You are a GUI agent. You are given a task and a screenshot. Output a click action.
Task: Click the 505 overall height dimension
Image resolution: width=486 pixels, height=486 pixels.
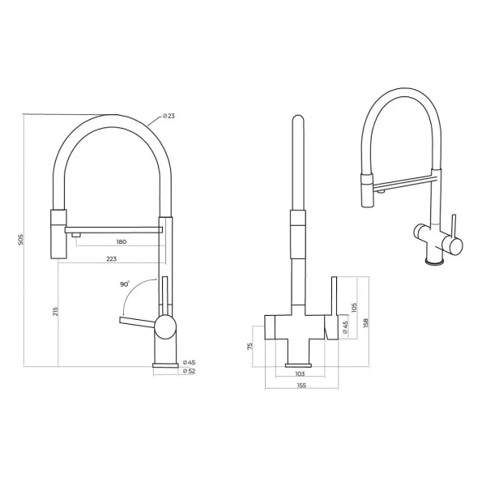click(x=21, y=240)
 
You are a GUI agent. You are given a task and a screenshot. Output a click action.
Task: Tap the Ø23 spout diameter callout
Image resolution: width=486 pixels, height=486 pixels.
click(x=169, y=116)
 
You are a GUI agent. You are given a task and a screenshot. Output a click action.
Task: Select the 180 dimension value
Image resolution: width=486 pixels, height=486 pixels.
click(x=122, y=241)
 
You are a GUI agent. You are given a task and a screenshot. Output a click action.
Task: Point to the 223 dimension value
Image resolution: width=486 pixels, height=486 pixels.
click(x=112, y=259)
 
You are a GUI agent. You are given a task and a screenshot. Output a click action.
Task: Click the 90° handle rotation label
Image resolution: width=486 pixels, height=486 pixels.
click(x=125, y=284)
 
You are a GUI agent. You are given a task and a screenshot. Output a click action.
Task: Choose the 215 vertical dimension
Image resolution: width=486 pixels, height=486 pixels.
click(x=55, y=311)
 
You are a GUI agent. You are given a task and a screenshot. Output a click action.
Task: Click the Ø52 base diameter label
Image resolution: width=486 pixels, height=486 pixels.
click(x=189, y=371)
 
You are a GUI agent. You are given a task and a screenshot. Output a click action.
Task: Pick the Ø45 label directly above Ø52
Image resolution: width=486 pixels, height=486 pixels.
click(x=189, y=362)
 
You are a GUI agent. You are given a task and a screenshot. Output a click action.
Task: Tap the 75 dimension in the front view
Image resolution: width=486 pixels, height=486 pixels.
click(x=250, y=346)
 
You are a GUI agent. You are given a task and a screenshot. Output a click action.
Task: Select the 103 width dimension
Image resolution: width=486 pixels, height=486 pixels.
click(x=300, y=373)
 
